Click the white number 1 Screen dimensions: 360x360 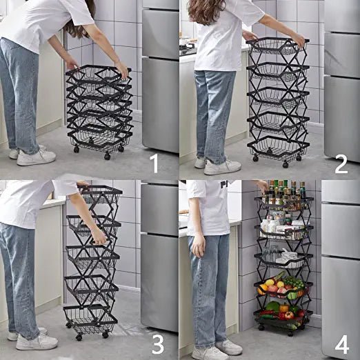(154, 163)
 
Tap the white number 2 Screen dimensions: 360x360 (341, 163)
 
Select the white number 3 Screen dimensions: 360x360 (158, 345)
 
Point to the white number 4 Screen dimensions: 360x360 (342, 345)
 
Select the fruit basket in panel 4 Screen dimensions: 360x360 (283, 289)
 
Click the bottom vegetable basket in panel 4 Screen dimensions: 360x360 (283, 317)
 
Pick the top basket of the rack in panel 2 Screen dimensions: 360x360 (277, 47)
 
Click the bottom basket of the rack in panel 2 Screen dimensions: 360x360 (278, 147)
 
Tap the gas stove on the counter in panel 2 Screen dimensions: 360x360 (188, 48)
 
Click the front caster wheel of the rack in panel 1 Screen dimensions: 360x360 (107, 157)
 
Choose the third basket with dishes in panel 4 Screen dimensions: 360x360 (283, 260)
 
